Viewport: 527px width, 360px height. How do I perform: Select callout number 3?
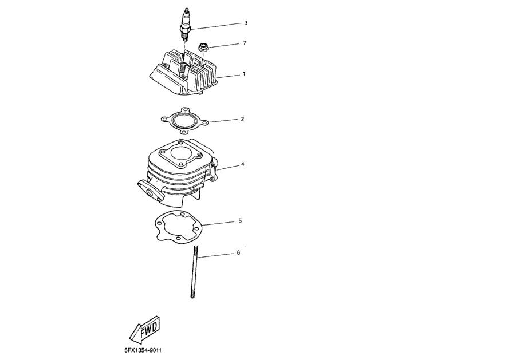246,23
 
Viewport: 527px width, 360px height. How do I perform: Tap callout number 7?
245,43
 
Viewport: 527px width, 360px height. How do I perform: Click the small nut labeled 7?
203,48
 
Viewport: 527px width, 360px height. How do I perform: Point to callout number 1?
244,74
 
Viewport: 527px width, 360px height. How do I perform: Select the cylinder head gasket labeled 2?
184,120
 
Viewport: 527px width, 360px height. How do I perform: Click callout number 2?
242,119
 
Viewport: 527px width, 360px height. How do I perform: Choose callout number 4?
242,165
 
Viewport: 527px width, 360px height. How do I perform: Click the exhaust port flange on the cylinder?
149,191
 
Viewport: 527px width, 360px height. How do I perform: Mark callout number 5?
240,221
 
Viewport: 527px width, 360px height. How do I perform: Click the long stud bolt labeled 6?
195,272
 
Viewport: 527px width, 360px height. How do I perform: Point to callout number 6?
239,253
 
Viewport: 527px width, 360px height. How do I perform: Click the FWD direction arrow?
144,329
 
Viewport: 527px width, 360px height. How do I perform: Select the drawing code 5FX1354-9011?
143,350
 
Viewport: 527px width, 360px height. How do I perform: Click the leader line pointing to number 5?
218,223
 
